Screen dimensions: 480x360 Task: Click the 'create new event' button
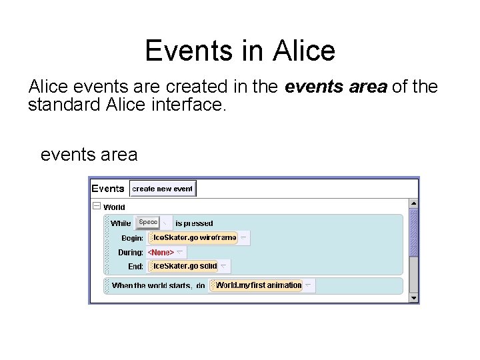click(x=163, y=189)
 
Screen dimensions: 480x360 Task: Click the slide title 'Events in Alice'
click(x=240, y=50)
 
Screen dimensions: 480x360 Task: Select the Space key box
click(x=148, y=222)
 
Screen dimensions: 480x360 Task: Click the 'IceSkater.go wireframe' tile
click(x=193, y=237)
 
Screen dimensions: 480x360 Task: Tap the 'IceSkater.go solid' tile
click(x=184, y=266)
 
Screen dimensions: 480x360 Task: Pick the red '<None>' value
click(x=161, y=252)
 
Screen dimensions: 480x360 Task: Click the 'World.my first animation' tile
click(x=257, y=285)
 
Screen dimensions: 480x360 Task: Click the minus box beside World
click(x=97, y=207)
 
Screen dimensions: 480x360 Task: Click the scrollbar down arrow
click(x=413, y=297)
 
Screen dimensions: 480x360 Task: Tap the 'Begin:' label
click(x=132, y=238)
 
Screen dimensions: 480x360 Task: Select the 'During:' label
click(x=131, y=253)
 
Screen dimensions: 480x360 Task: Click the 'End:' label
click(x=136, y=267)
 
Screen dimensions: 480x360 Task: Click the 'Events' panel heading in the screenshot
click(x=108, y=189)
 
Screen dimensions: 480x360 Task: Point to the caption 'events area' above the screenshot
click(x=89, y=155)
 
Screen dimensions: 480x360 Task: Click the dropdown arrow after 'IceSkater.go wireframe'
click(x=244, y=237)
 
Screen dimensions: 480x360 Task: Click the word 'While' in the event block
click(x=121, y=223)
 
